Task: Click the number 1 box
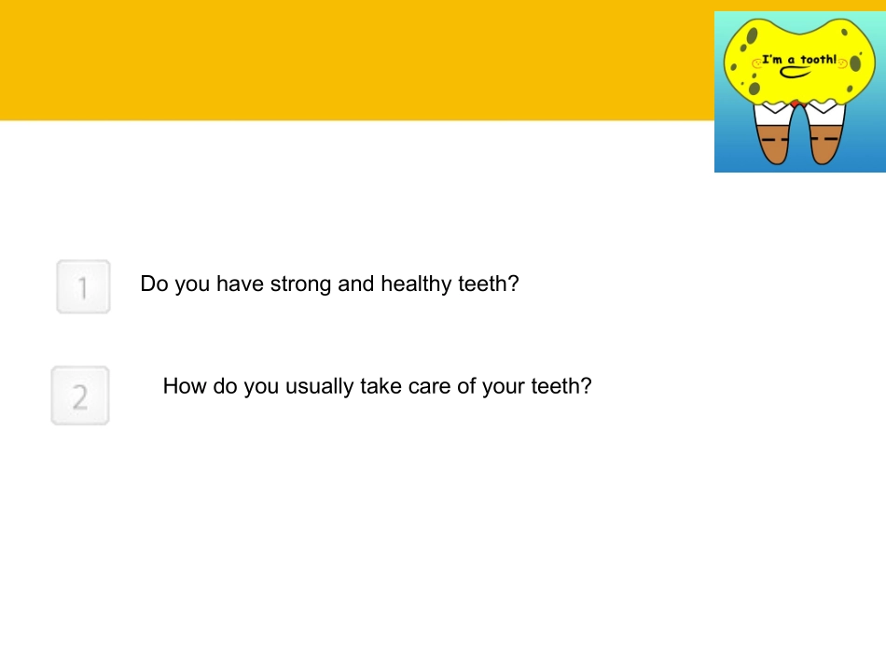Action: [83, 286]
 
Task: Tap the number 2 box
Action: [80, 395]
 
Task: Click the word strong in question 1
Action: [301, 284]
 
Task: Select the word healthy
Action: [416, 284]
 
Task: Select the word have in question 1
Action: [241, 284]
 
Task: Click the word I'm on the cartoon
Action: [771, 60]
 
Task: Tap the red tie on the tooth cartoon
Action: [795, 102]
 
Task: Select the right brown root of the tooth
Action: [824, 147]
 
